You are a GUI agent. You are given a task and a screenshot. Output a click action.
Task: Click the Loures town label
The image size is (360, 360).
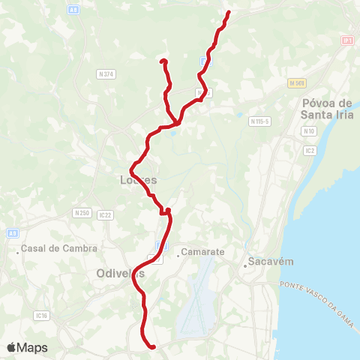(x=138, y=180)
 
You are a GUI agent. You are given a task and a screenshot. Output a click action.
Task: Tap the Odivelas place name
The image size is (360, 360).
(x=121, y=274)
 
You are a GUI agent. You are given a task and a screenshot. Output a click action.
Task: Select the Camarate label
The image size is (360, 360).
(x=203, y=253)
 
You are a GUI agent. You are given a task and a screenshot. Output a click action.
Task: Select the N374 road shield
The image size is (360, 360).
(x=106, y=73)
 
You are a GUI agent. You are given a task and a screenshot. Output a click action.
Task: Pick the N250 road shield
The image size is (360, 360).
(x=82, y=213)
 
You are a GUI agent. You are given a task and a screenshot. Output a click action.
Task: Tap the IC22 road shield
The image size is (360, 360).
(x=105, y=215)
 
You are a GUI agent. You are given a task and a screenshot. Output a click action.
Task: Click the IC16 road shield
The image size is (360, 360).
(x=41, y=316)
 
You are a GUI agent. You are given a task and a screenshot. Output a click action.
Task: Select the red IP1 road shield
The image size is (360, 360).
(x=346, y=40)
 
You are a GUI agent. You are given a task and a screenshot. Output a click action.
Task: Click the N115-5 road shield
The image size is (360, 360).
(x=259, y=121)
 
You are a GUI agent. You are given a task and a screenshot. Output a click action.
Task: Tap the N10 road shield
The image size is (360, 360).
(x=309, y=131)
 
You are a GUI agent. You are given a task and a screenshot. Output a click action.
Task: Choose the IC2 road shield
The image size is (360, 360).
(x=309, y=151)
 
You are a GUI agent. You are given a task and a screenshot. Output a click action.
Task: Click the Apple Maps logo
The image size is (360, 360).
(x=27, y=347)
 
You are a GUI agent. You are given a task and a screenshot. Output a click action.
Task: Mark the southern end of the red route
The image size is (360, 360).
(x=152, y=347)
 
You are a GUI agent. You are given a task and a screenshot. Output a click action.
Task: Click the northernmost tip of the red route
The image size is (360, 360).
(x=228, y=12)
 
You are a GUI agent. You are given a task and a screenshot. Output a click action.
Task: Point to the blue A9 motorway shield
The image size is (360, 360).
(x=13, y=232)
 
